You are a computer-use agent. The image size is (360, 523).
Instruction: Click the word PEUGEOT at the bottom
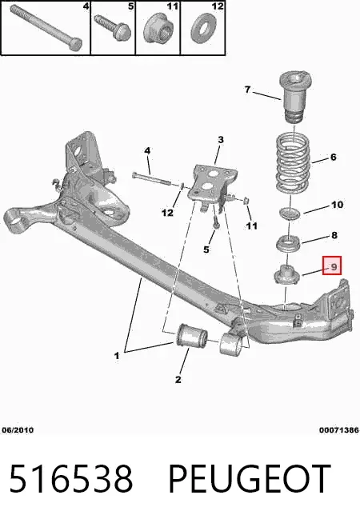click(250, 479)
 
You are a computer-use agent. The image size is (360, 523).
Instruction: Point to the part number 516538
click(70, 479)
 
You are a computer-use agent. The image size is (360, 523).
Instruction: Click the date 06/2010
click(18, 430)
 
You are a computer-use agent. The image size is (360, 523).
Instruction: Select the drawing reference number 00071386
click(339, 430)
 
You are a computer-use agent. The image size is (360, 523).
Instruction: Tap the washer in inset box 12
click(203, 28)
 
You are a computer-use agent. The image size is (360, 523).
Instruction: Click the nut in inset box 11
click(158, 28)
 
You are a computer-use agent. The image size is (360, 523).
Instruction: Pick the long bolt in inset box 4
click(46, 26)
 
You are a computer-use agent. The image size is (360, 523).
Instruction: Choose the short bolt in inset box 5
click(113, 26)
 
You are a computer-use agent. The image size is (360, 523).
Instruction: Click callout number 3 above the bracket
click(221, 140)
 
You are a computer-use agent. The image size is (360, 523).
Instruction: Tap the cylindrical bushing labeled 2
click(191, 336)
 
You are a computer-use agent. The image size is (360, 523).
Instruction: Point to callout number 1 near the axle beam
click(117, 356)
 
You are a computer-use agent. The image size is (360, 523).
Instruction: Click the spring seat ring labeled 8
click(289, 243)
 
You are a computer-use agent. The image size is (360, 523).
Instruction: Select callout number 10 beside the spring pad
click(337, 204)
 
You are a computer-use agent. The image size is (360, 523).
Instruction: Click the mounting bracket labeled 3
click(213, 186)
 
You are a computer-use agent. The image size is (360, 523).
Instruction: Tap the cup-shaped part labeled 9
click(286, 274)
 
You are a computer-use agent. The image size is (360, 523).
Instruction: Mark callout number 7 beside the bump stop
click(247, 90)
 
